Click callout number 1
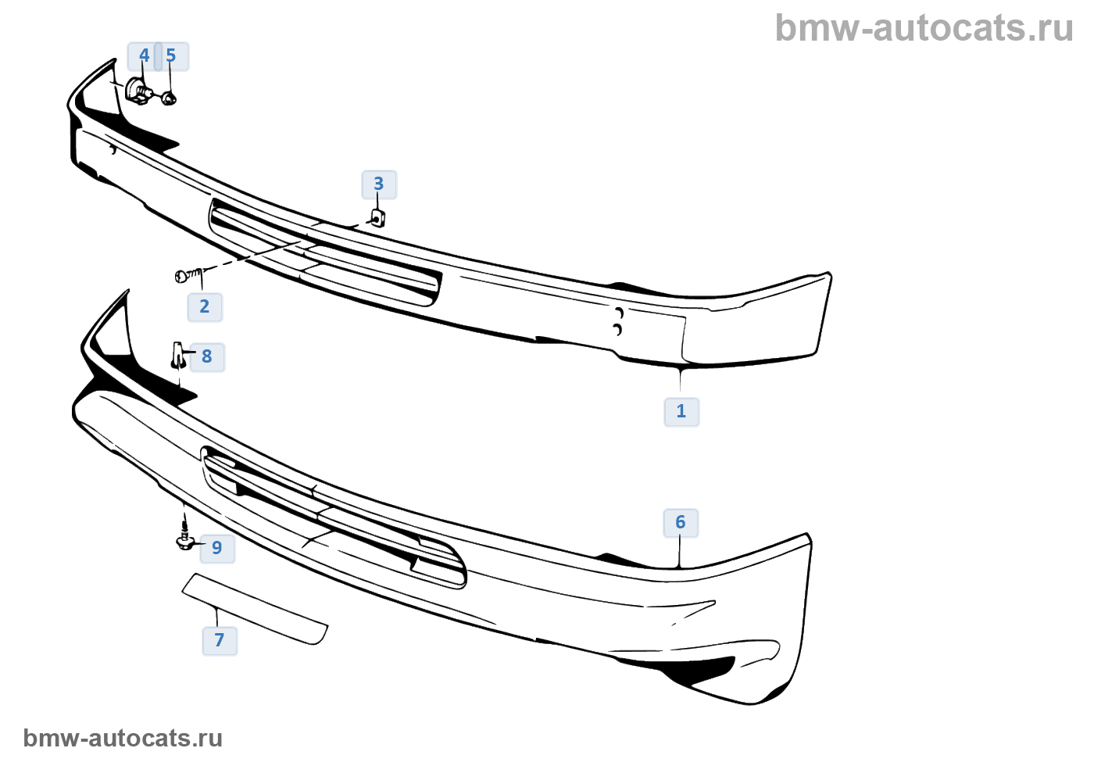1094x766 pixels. (x=681, y=411)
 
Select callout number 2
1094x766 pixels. (x=205, y=306)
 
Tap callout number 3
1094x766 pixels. (x=379, y=184)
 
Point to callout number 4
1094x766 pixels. (x=144, y=55)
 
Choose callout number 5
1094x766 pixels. (x=171, y=55)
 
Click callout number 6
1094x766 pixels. (x=681, y=522)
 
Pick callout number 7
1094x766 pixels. (x=220, y=640)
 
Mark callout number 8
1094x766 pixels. (x=207, y=356)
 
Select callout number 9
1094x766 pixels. (x=217, y=548)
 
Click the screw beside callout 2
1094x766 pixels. (x=188, y=275)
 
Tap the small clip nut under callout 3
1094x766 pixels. (x=377, y=217)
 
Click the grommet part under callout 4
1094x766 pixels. (x=138, y=91)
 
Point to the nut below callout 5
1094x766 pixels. (x=169, y=98)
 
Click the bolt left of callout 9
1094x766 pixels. (x=185, y=540)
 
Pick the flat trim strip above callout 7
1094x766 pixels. (x=255, y=608)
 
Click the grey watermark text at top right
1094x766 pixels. (x=924, y=28)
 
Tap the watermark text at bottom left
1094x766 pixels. (x=123, y=738)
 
